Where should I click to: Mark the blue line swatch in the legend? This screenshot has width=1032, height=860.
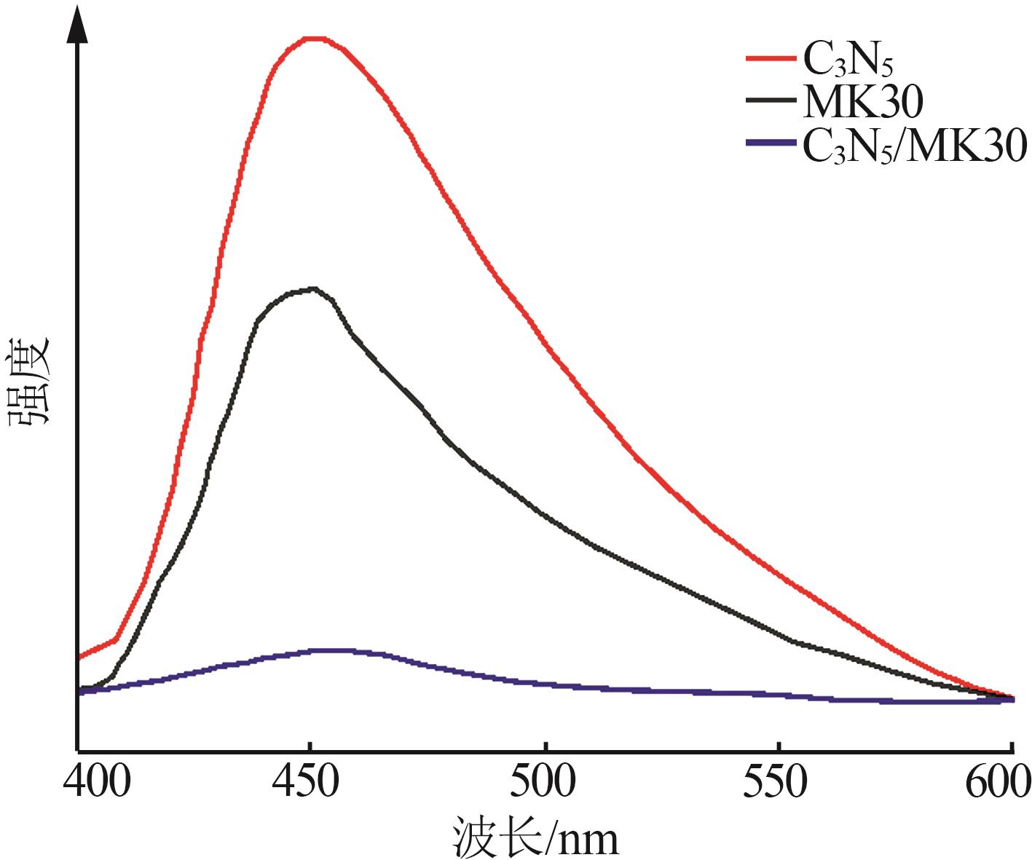[771, 145]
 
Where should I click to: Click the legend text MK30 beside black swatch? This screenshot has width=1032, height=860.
[862, 103]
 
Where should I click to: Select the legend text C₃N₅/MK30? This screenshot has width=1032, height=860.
[914, 146]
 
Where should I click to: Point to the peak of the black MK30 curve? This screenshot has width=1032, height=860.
[313, 289]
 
